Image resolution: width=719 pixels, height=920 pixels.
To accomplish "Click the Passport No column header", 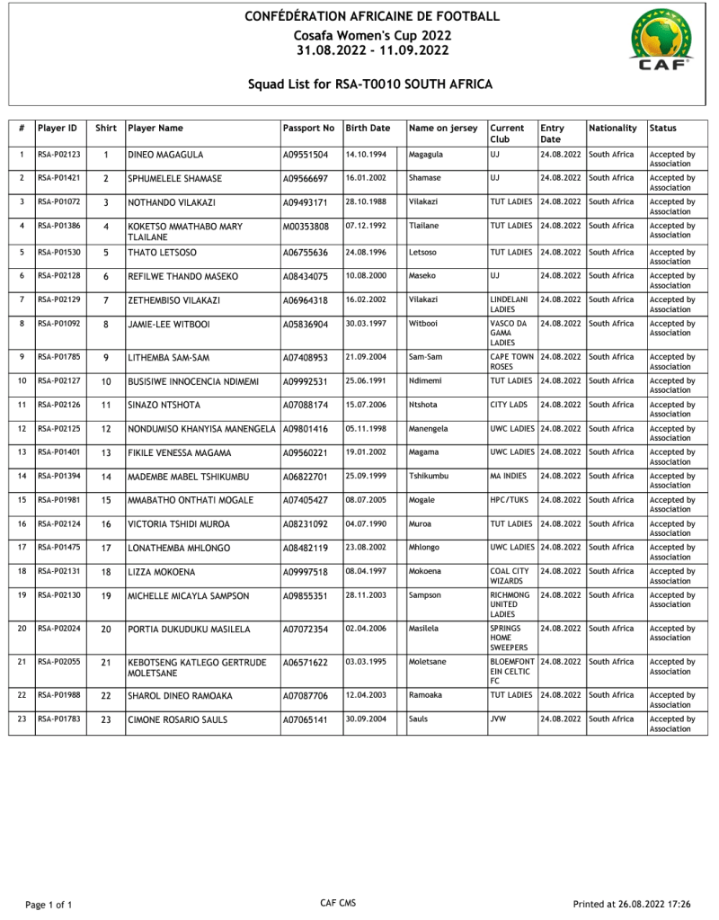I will (x=308, y=129).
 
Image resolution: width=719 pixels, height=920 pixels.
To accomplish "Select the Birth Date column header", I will (x=368, y=129).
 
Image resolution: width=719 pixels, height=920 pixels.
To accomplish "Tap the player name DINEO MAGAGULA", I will (x=165, y=156).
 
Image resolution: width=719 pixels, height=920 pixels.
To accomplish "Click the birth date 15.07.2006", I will (x=366, y=405).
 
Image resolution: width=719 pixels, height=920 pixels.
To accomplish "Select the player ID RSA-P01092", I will (x=59, y=324).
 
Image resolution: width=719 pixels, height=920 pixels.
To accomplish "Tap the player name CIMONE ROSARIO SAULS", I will (x=178, y=720).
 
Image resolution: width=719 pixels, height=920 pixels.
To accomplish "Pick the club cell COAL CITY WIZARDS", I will (x=510, y=576).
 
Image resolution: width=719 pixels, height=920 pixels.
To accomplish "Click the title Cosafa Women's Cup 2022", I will (x=372, y=35).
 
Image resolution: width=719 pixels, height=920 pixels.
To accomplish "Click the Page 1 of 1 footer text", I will (x=49, y=904).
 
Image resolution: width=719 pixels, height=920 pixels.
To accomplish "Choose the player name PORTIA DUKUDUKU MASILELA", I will (x=189, y=630).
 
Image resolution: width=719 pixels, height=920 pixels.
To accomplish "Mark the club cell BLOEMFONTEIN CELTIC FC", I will (x=512, y=671).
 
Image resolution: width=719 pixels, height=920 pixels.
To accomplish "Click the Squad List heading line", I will (x=370, y=85).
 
